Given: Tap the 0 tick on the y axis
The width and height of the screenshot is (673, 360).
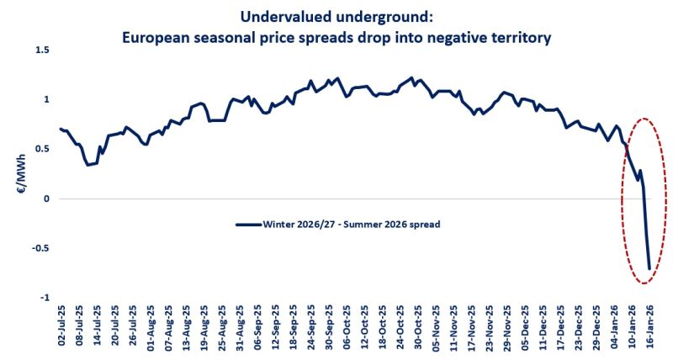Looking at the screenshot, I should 46,199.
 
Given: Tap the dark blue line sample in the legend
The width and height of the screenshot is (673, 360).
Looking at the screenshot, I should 249,224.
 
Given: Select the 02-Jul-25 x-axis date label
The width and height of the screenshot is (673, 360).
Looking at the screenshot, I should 61,331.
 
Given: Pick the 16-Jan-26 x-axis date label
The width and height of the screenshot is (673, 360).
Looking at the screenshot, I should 649,331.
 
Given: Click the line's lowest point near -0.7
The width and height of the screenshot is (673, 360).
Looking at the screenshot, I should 649,268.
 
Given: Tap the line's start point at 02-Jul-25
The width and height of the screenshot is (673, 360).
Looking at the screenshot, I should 60,129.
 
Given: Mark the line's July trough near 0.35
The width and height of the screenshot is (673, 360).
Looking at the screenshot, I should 88,164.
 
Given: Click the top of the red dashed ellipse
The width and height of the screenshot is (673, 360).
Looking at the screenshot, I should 644,119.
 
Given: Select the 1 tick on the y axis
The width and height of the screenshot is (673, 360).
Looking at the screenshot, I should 46,99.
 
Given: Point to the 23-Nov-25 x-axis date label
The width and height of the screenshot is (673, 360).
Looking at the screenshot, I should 487,331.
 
